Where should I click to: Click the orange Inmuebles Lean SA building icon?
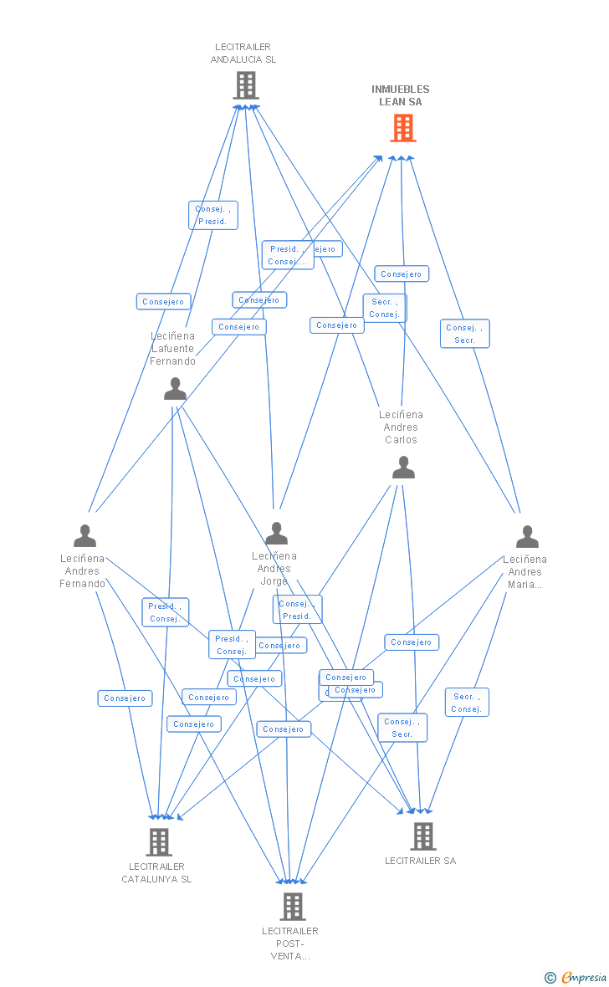click(403, 128)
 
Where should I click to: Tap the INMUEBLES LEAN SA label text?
click(401, 95)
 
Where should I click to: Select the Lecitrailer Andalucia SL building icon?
click(246, 85)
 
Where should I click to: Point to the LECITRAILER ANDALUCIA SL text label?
click(243, 54)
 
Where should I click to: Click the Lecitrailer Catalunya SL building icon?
click(159, 841)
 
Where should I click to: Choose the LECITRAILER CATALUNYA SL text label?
click(156, 872)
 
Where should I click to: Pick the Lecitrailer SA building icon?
click(423, 836)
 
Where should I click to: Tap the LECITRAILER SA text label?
click(420, 861)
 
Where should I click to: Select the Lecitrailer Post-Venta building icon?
click(292, 906)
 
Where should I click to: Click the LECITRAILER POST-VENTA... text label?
click(290, 944)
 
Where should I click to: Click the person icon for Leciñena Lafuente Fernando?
click(176, 389)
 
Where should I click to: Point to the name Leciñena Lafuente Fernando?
click(173, 349)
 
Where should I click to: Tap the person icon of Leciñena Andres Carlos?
click(403, 468)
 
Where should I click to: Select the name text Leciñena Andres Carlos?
click(402, 427)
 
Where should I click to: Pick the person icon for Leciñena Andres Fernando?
click(84, 535)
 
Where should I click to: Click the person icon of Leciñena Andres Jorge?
click(276, 533)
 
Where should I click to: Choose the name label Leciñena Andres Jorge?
click(274, 568)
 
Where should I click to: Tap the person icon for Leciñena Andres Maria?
click(527, 536)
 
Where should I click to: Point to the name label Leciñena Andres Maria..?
click(525, 571)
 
